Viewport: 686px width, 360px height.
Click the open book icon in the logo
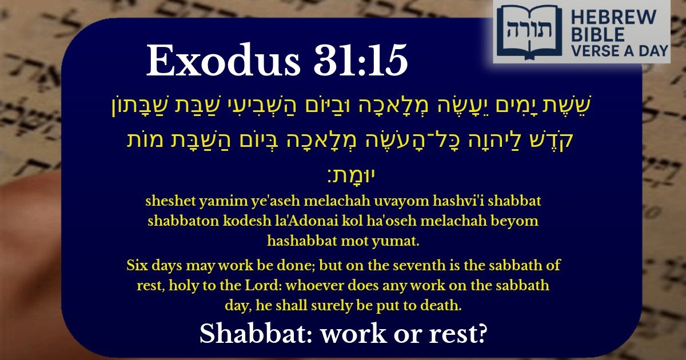pyautogui.click(x=521, y=31)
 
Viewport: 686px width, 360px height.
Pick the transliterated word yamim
pyautogui.click(x=216, y=202)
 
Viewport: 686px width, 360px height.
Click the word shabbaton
pyautogui.click(x=181, y=221)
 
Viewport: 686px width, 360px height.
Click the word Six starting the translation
pyautogui.click(x=137, y=266)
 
